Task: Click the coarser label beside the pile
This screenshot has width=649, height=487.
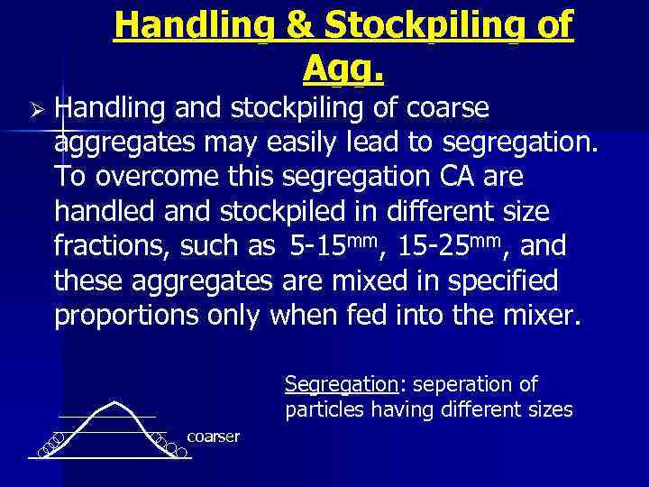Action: [214, 436]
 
